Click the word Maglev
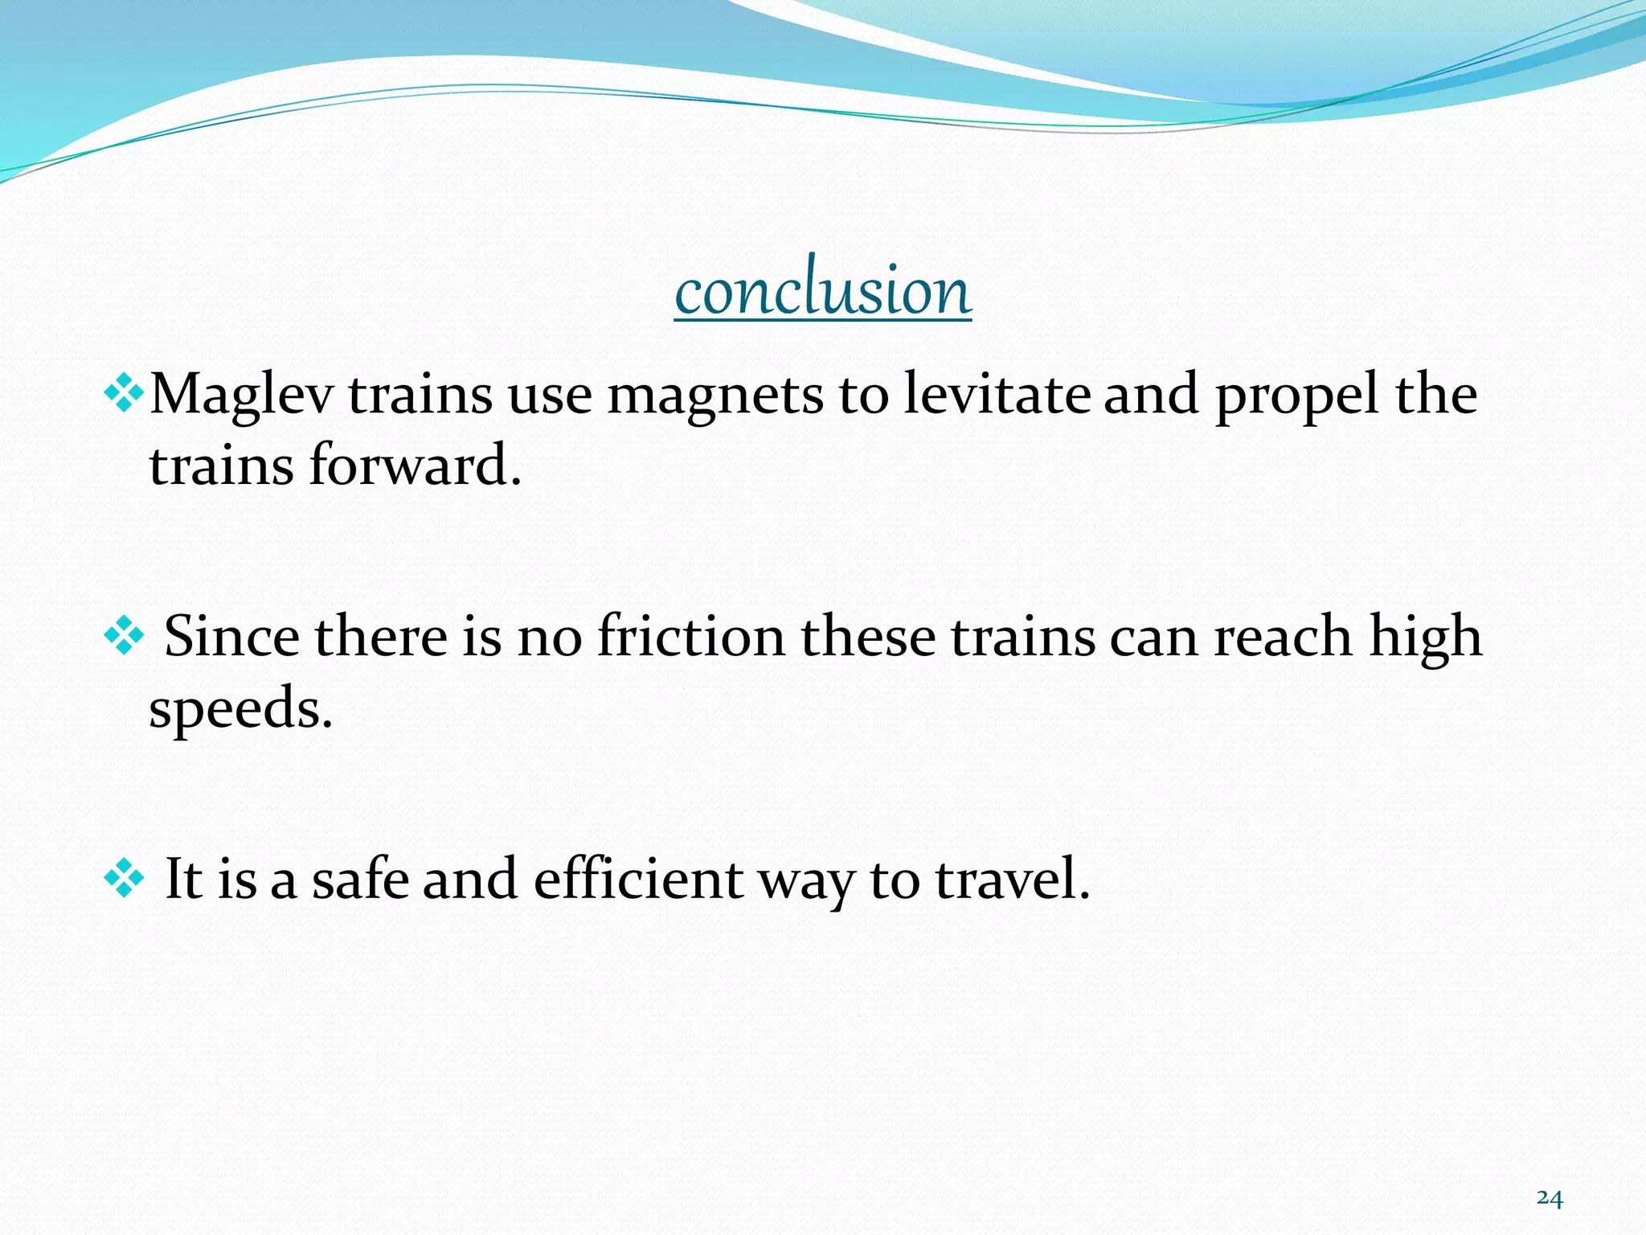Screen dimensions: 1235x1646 [x=241, y=396]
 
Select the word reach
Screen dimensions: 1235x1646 [x=1283, y=637]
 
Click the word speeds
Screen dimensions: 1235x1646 [x=240, y=709]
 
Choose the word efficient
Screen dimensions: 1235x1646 [x=638, y=879]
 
